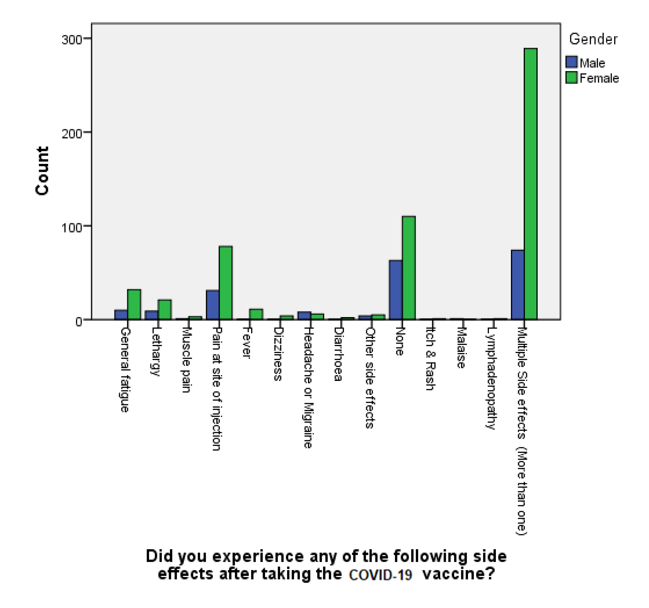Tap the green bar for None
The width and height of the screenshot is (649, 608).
pyautogui.click(x=408, y=267)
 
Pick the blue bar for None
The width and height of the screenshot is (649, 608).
pyautogui.click(x=396, y=290)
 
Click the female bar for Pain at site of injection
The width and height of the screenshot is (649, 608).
pyautogui.click(x=226, y=283)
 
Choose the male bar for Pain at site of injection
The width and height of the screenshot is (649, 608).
pyautogui.click(x=212, y=305)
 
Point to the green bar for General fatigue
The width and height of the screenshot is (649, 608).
pyautogui.click(x=134, y=304)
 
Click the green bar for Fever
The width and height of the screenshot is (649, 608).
pyautogui.click(x=256, y=314)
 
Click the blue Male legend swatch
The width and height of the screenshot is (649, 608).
pyautogui.click(x=571, y=62)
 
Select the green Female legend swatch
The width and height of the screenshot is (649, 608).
pyautogui.click(x=571, y=78)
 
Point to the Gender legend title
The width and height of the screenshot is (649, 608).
pyautogui.click(x=593, y=39)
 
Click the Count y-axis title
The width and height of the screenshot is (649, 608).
pyautogui.click(x=42, y=171)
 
